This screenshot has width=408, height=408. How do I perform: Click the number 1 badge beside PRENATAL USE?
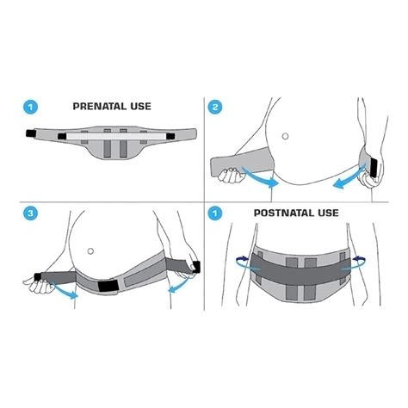32,108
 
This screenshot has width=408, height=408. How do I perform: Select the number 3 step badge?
32,211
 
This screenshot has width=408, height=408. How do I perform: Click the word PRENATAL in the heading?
102,108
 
